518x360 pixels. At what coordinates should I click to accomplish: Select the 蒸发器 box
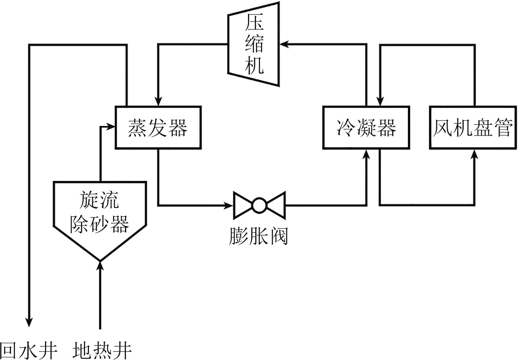tap(158, 127)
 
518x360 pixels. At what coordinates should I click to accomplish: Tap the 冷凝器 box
tap(366, 127)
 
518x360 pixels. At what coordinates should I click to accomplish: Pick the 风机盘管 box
tap(473, 127)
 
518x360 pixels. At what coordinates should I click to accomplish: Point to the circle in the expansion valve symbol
tap(259, 205)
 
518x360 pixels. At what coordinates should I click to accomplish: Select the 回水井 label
tap(29, 350)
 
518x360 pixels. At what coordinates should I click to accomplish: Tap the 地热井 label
tap(102, 350)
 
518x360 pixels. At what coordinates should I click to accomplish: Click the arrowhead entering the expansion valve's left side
tap(229, 205)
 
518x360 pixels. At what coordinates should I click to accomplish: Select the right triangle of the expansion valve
tap(277, 205)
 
